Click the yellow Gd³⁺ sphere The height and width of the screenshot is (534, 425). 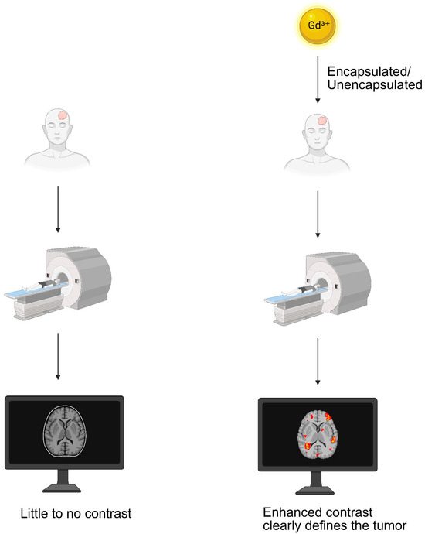click(317, 26)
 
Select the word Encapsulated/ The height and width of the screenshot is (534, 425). click(369, 71)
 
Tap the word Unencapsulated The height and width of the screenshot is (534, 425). click(375, 85)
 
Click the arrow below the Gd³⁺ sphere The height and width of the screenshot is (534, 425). click(318, 80)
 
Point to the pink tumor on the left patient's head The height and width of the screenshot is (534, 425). click(63, 115)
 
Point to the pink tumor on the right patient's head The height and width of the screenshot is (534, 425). click(323, 121)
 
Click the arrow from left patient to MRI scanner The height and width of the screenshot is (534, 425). click(58, 209)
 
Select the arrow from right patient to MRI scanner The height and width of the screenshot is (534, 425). click(318, 214)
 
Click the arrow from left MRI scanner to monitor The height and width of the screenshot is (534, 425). click(58, 356)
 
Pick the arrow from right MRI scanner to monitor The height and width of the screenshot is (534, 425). click(318, 361)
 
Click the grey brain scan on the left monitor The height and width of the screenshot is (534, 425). click(65, 431)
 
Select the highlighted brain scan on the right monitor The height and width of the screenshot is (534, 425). click(318, 435)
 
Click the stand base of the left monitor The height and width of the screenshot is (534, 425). click(62, 488)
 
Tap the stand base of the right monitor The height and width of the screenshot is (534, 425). click(315, 491)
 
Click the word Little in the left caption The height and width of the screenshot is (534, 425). click(32, 513)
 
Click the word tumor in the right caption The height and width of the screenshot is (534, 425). click(389, 525)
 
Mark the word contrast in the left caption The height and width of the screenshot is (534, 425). click(107, 513)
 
